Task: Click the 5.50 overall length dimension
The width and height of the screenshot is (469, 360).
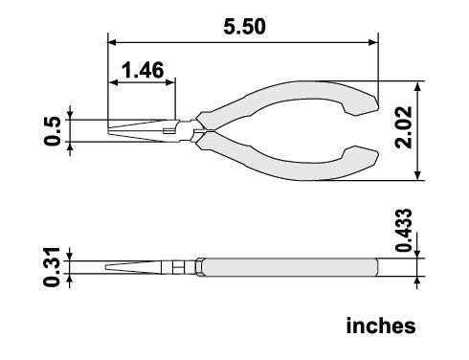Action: pyautogui.click(x=244, y=27)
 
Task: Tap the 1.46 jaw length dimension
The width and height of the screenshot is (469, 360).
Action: pyautogui.click(x=143, y=70)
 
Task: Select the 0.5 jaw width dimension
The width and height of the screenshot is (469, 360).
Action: pyautogui.click(x=53, y=131)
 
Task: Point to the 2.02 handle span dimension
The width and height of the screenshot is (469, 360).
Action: pyautogui.click(x=403, y=127)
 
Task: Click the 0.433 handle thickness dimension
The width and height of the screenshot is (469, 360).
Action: pyautogui.click(x=403, y=230)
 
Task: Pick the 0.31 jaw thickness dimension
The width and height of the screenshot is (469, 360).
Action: pyautogui.click(x=52, y=267)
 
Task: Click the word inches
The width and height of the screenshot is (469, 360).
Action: pyautogui.click(x=381, y=326)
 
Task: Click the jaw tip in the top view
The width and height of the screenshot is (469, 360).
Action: pyautogui.click(x=108, y=131)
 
